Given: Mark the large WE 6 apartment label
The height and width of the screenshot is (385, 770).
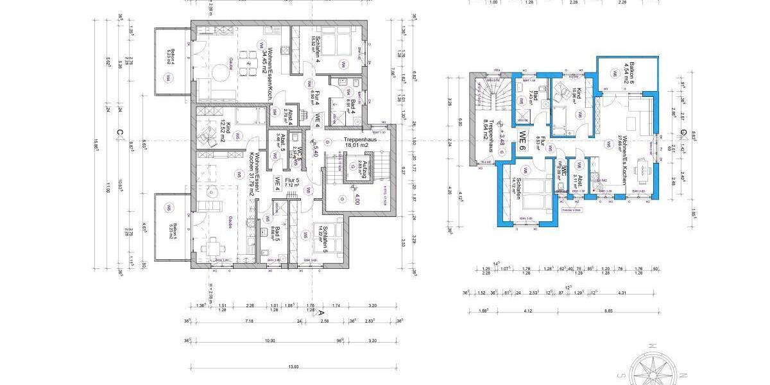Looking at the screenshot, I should (523, 140).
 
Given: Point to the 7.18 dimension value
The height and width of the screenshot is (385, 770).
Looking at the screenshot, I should (250, 321).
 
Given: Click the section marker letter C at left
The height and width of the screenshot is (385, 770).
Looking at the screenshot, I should (119, 133).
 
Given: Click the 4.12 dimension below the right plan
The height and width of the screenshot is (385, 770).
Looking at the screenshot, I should (528, 311).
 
